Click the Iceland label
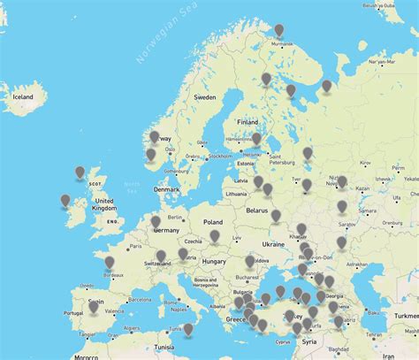point(21,96)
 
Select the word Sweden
point(205,96)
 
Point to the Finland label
point(247,121)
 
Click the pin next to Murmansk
point(279,31)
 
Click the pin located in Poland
point(215,236)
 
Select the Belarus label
point(256,211)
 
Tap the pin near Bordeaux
point(110,263)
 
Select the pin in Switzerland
point(161,257)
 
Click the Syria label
point(309,341)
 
